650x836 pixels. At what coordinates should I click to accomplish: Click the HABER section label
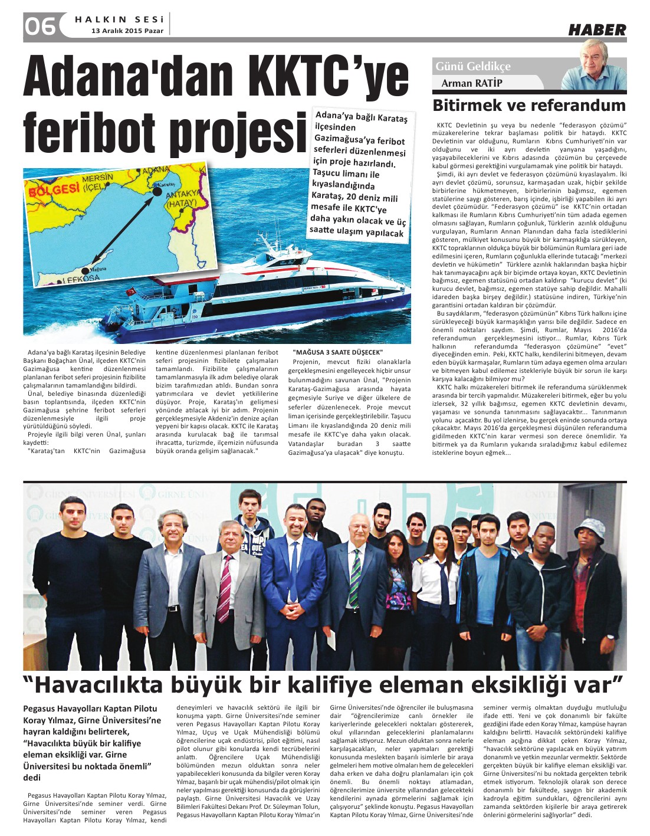597,29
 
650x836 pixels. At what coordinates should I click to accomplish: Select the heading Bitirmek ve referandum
528,106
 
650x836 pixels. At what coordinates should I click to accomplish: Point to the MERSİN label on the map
97,178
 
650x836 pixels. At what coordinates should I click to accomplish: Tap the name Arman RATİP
472,83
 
